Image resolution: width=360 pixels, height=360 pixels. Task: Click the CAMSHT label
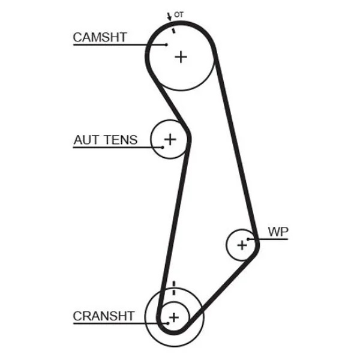[x=100, y=37]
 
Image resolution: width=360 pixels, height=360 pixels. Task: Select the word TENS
[x=121, y=140]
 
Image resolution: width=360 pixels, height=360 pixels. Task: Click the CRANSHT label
[x=104, y=316]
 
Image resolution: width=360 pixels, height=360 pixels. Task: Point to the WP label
[x=278, y=232]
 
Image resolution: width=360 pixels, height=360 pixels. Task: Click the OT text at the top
[x=179, y=14]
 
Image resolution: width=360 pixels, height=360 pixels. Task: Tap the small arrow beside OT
[x=169, y=17]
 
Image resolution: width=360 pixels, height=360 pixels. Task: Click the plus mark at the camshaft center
[x=181, y=57]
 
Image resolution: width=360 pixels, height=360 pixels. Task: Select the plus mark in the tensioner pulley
[x=170, y=139]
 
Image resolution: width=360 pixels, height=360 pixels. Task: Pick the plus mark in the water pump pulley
[x=242, y=245]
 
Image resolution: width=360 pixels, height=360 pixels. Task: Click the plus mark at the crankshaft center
[x=174, y=317]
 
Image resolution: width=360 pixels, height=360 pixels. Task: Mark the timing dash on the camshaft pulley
[x=173, y=31]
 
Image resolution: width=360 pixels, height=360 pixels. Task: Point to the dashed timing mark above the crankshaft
[x=174, y=288]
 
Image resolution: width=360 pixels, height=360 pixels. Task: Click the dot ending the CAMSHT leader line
[x=166, y=44]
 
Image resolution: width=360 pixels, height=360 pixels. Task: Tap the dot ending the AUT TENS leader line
[x=163, y=148]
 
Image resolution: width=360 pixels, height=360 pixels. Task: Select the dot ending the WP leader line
[x=248, y=239]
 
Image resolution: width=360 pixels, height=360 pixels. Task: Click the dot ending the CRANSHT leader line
[x=168, y=323]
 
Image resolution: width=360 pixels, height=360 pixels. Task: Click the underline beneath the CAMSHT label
[x=119, y=44]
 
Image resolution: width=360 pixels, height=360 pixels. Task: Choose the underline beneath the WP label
[x=268, y=239]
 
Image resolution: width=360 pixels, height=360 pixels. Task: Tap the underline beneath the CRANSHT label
[x=121, y=323]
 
